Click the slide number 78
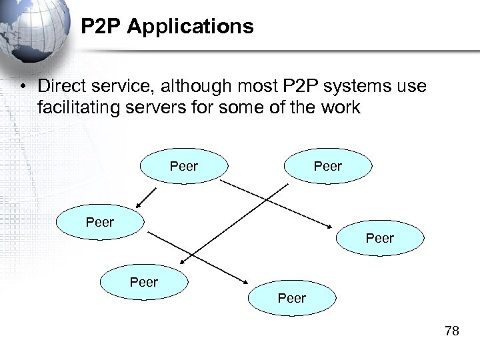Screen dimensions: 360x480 point(452,331)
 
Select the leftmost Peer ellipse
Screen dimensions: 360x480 point(100,223)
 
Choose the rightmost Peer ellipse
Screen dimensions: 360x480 point(379,238)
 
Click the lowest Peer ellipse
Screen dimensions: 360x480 point(292,298)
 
